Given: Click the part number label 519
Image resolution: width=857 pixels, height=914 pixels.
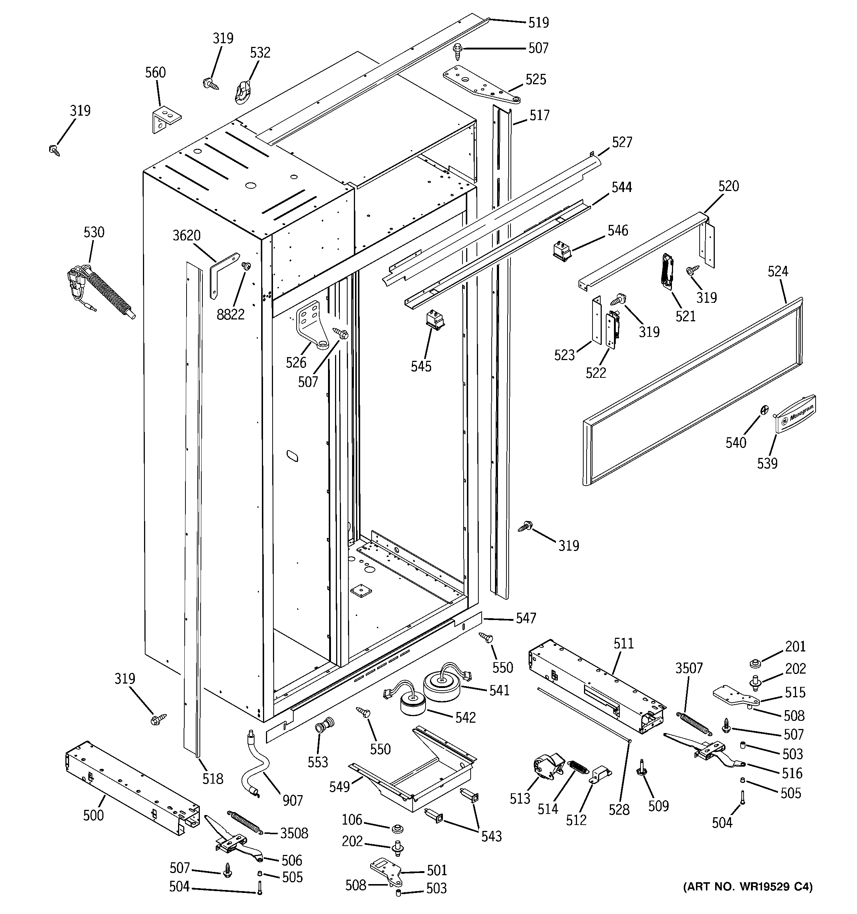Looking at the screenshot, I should click(x=538, y=22).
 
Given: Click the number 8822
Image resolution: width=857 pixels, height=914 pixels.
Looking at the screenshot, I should click(x=231, y=315).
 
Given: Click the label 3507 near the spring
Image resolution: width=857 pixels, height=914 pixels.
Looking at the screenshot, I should click(x=689, y=668).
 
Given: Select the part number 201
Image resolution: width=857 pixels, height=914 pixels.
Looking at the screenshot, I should click(x=795, y=646).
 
